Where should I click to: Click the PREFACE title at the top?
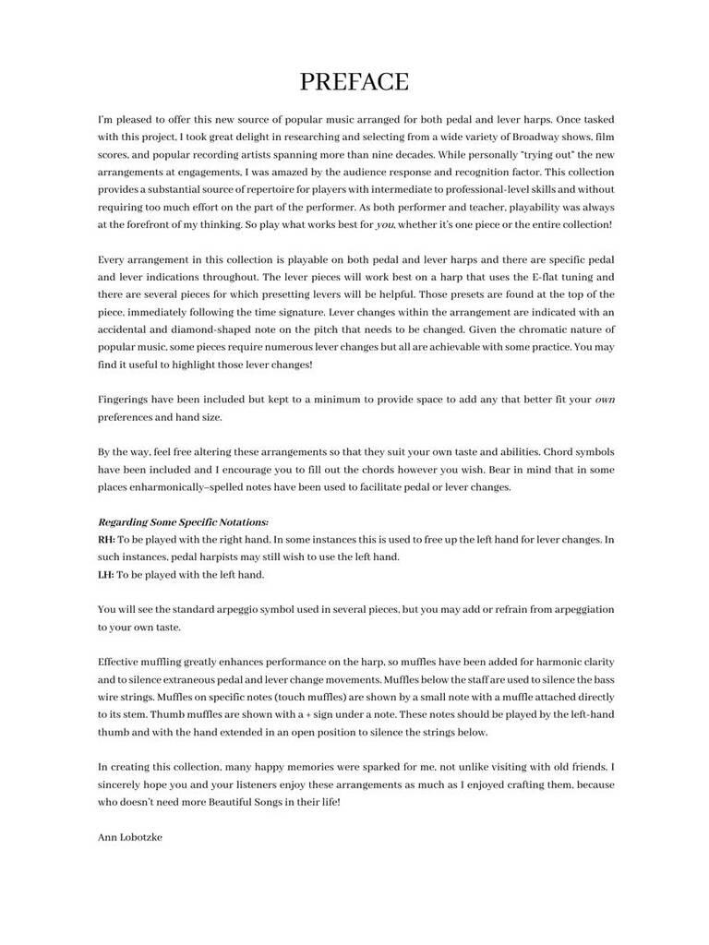coord(354,82)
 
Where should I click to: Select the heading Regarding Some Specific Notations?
coord(183,522)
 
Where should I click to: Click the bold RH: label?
coord(106,539)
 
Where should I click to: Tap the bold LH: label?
coord(106,574)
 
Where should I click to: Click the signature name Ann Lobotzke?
coord(129,837)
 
